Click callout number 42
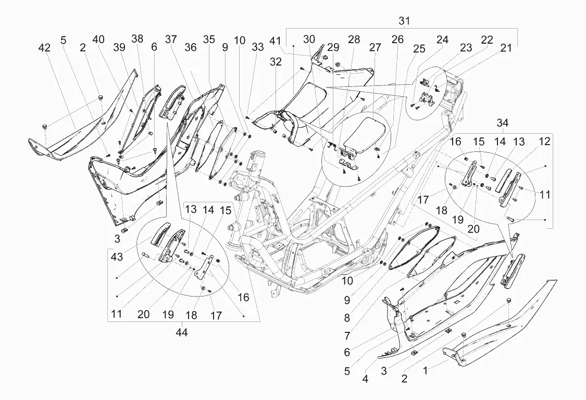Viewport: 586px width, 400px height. [x=44, y=48]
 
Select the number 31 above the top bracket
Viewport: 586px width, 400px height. [x=404, y=21]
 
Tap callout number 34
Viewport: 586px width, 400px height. [x=503, y=123]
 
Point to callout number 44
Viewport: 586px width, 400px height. [x=182, y=332]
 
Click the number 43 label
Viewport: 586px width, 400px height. [x=117, y=257]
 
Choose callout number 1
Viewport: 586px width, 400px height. [x=425, y=370]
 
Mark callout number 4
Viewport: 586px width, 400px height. [x=365, y=379]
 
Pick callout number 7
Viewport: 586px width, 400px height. [x=347, y=336]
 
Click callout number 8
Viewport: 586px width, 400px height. [x=347, y=318]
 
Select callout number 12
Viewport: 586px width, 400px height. [x=544, y=141]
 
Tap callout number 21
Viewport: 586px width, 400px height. [x=506, y=48]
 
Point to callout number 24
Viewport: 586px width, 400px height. [x=442, y=39]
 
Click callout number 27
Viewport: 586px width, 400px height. [x=375, y=47]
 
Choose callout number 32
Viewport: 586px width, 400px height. [x=276, y=62]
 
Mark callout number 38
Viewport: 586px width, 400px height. [x=137, y=39]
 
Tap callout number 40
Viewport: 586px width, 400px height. [x=98, y=39]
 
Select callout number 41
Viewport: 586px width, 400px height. [x=276, y=40]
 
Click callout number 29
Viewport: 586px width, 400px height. [x=333, y=47]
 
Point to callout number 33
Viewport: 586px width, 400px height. [x=257, y=47]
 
